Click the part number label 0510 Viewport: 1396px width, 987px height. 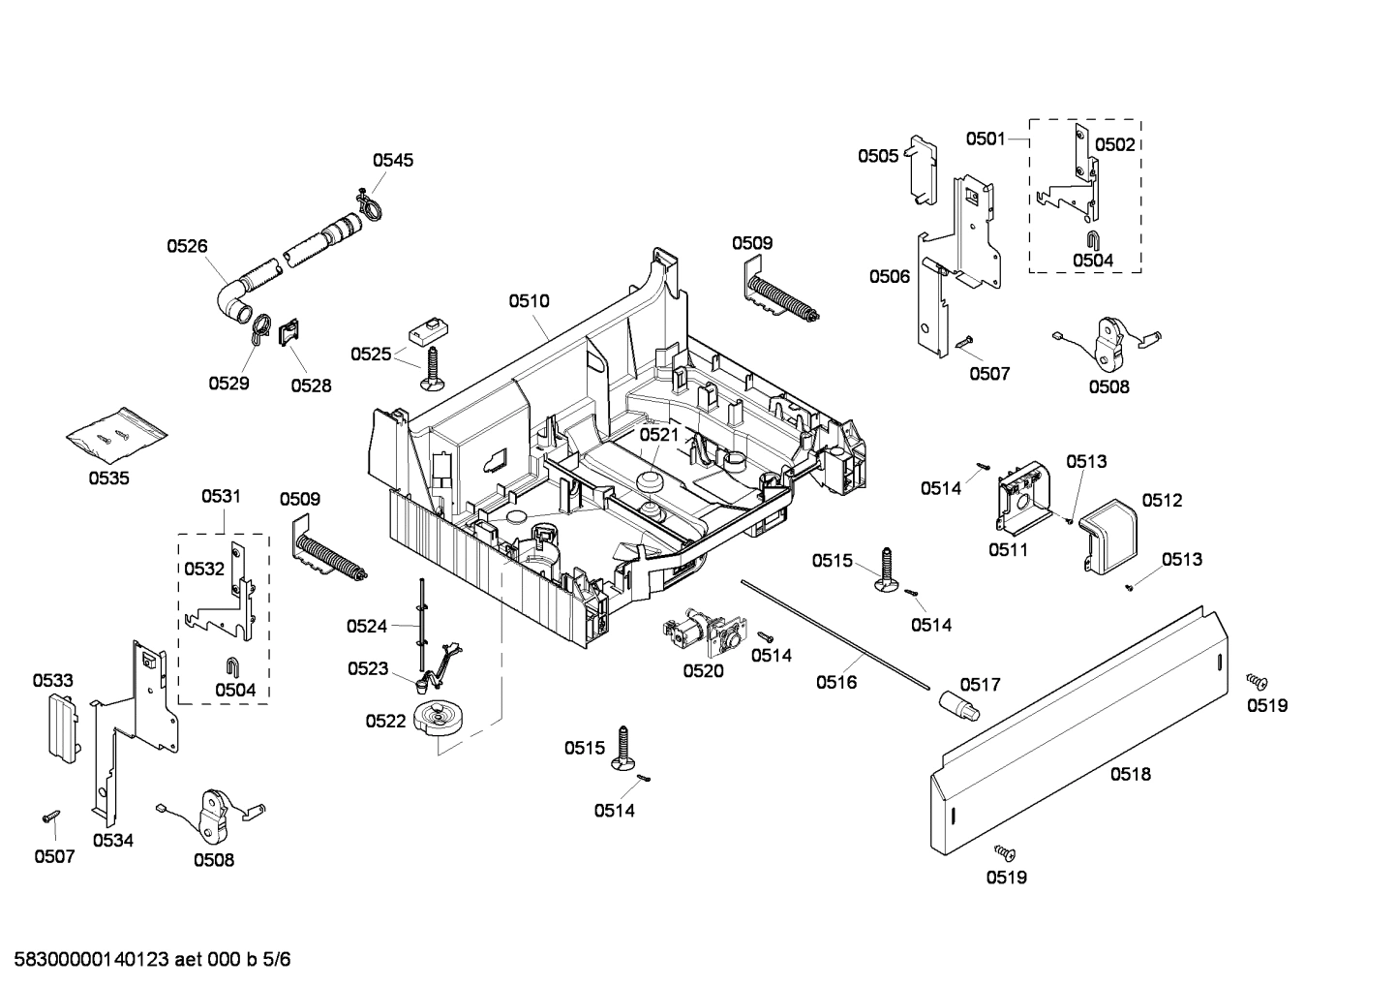tap(529, 301)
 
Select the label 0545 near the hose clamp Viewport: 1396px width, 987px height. tap(393, 160)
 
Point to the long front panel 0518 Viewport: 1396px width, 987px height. tap(1075, 736)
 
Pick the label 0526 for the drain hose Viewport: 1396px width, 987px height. tap(187, 246)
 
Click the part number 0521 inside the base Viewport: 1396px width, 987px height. tap(659, 435)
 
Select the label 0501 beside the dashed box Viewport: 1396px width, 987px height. tap(986, 139)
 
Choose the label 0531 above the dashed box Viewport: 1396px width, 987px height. tap(221, 496)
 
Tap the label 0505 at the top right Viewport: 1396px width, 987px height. tap(877, 156)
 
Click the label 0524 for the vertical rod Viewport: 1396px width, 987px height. tap(367, 627)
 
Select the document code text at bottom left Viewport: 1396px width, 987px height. tap(146, 960)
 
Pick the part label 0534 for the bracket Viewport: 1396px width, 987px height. tap(113, 841)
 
